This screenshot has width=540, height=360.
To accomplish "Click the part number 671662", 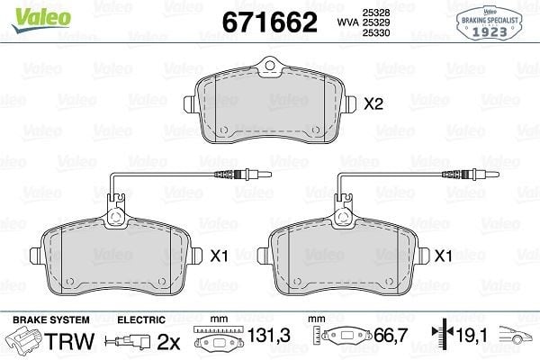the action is point(270,22).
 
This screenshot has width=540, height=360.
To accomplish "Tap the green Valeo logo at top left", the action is point(41,18).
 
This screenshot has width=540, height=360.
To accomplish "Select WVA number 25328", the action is point(375,13).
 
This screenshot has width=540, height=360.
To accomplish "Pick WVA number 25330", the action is point(375,32).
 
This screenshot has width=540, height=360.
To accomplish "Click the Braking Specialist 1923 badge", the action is point(490,23).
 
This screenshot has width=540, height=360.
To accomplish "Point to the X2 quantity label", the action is point(373,103).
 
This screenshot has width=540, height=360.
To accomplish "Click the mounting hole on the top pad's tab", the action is point(270,66).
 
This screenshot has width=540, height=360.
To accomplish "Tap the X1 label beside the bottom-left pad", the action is point(219,256).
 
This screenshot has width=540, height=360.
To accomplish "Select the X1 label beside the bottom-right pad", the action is point(443,256).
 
